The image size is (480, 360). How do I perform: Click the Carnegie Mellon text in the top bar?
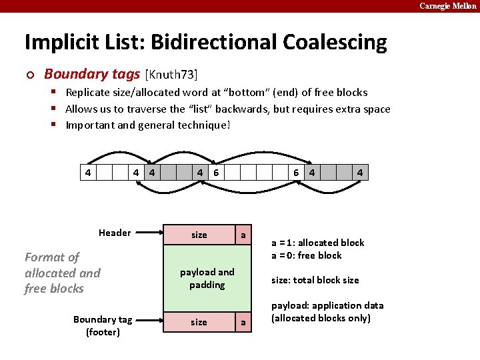pyautogui.click(x=448, y=6)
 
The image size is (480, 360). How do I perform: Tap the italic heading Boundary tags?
pyautogui.click(x=92, y=74)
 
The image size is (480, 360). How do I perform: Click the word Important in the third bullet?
pyautogui.click(x=90, y=125)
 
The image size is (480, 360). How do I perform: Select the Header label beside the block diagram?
pyautogui.click(x=115, y=233)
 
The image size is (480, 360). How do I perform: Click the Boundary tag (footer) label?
pyautogui.click(x=103, y=325)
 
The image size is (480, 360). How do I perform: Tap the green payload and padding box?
pyautogui.click(x=207, y=278)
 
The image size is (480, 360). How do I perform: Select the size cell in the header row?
pyautogui.click(x=199, y=235)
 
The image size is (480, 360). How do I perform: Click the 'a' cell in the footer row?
pyautogui.click(x=243, y=322)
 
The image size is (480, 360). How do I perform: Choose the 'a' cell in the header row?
pyautogui.click(x=243, y=235)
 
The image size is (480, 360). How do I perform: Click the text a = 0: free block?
pyautogui.click(x=306, y=255)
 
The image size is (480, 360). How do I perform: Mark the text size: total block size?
pyautogui.click(x=315, y=280)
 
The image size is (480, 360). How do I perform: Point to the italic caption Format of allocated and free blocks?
pyautogui.click(x=62, y=273)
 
